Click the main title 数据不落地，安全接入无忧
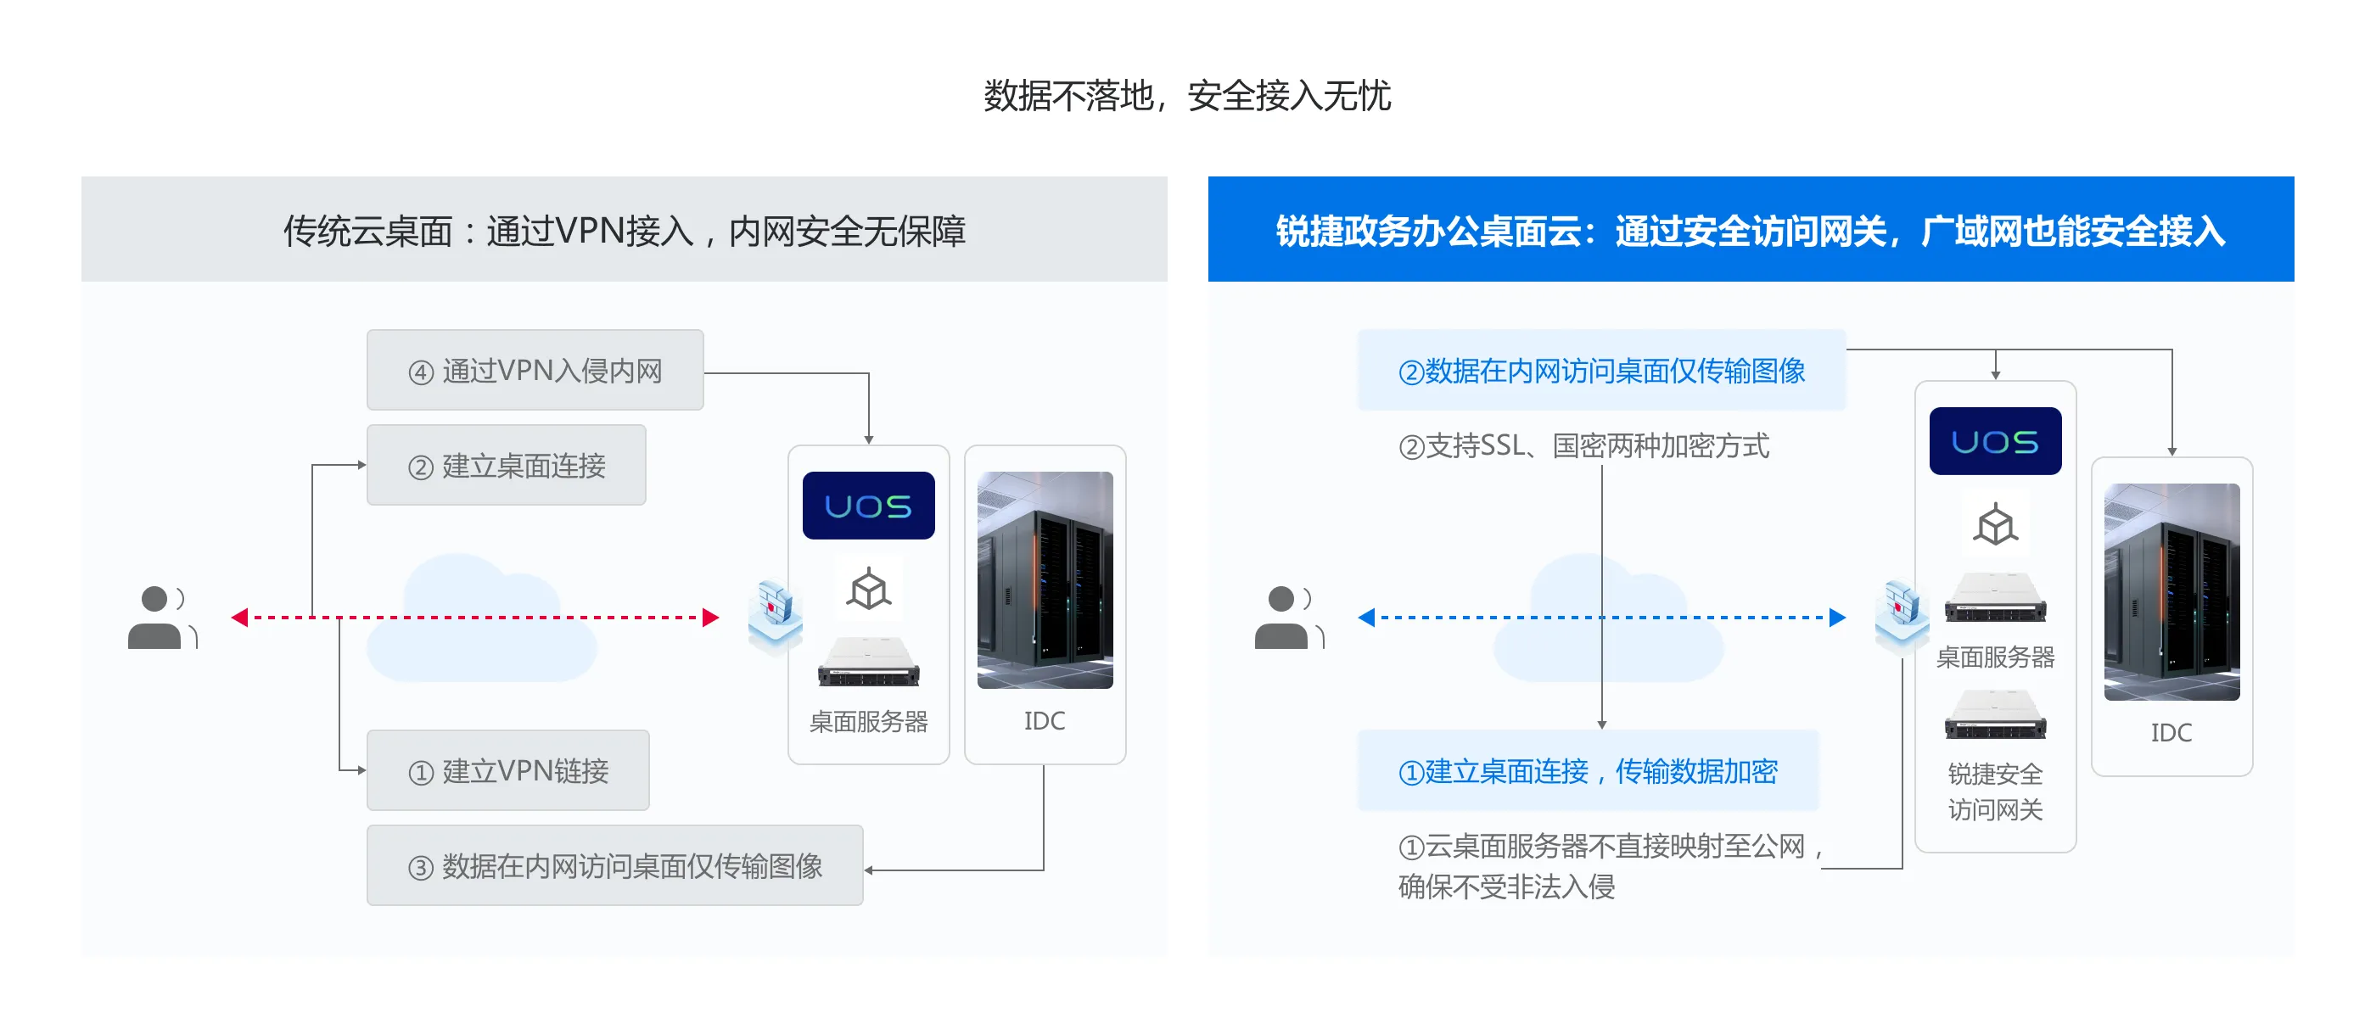pyautogui.click(x=1187, y=96)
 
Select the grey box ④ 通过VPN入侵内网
pyautogui.click(x=535, y=370)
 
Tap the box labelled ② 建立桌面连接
pyautogui.click(x=507, y=465)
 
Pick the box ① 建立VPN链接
pyautogui.click(x=508, y=770)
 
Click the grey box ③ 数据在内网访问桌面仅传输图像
pyautogui.click(x=614, y=865)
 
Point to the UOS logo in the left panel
pyautogui.click(x=868, y=506)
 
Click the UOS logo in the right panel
pyautogui.click(x=1995, y=441)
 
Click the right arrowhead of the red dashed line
pyautogui.click(x=710, y=617)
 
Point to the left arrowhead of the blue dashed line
pyautogui.click(x=1367, y=617)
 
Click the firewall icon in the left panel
pyautogui.click(x=775, y=613)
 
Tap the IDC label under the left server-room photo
pyautogui.click(x=1044, y=720)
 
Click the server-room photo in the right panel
pyautogui.click(x=2171, y=591)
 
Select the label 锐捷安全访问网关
pyautogui.click(x=1995, y=791)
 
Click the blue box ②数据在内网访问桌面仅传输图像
pyautogui.click(x=1601, y=370)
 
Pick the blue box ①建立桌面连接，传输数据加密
pyautogui.click(x=1588, y=770)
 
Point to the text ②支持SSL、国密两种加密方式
pyautogui.click(x=1583, y=445)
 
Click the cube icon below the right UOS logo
pyautogui.click(x=1995, y=526)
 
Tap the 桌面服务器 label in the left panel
pyautogui.click(x=868, y=721)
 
